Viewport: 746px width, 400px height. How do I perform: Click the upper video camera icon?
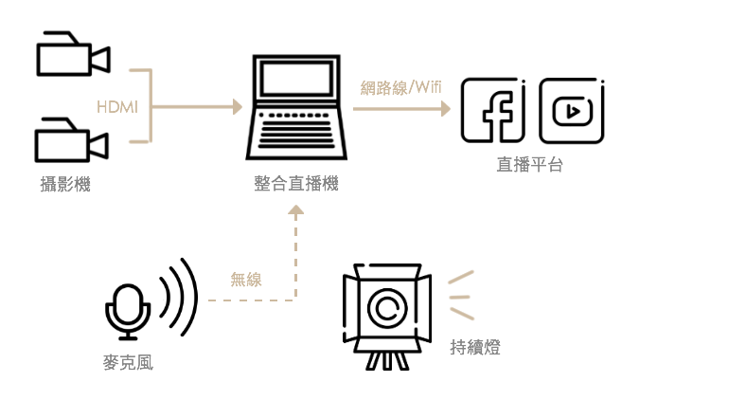pyautogui.click(x=72, y=54)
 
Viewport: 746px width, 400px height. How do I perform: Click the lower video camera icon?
pyautogui.click(x=71, y=140)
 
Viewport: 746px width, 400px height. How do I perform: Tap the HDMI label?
pyautogui.click(x=116, y=107)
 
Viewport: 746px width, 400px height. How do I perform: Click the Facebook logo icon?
pyautogui.click(x=493, y=110)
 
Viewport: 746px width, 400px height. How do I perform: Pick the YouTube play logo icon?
pyautogui.click(x=572, y=110)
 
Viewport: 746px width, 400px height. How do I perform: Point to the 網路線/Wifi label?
pyautogui.click(x=400, y=88)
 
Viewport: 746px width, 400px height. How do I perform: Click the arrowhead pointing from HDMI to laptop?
pyautogui.click(x=238, y=107)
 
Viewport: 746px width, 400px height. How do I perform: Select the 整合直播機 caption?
pyautogui.click(x=295, y=185)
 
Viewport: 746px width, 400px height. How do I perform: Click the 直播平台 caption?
pyautogui.click(x=529, y=164)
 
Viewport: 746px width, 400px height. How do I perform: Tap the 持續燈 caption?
pyautogui.click(x=473, y=347)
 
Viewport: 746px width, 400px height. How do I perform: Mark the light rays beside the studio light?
pyautogui.click(x=460, y=295)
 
